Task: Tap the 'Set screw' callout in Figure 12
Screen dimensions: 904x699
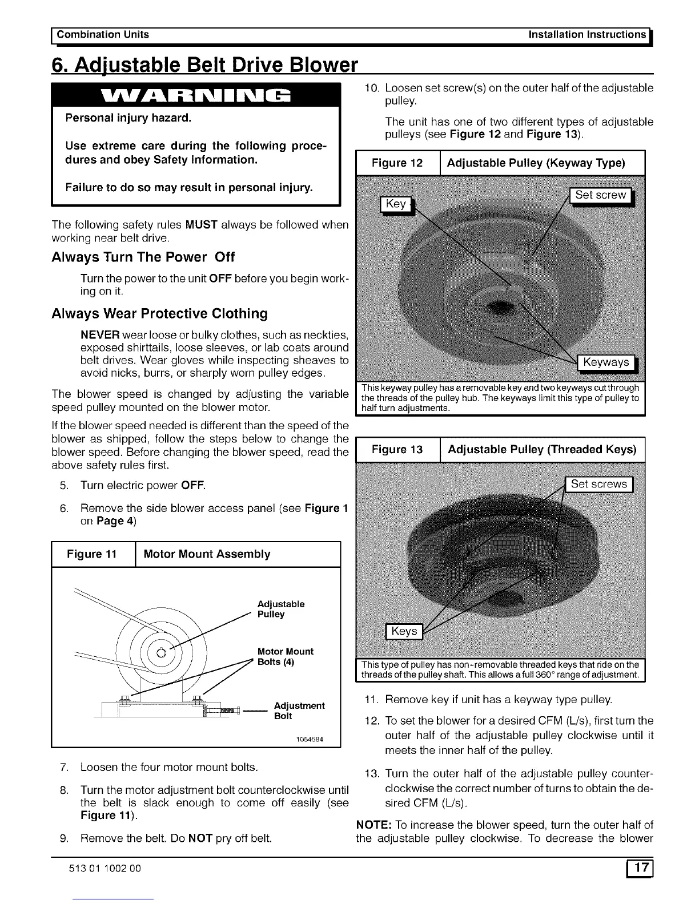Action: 600,195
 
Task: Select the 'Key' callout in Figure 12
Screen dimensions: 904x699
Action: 396,204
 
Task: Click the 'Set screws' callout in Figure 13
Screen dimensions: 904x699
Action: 598,485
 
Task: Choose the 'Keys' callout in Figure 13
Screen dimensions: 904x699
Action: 404,631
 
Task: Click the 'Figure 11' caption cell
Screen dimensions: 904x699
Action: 92,554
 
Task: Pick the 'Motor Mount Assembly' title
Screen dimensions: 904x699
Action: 207,554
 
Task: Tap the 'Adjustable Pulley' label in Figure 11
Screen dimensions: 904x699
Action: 280,609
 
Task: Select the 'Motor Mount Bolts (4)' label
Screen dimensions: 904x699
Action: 285,656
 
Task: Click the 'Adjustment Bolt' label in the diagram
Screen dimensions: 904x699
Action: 299,711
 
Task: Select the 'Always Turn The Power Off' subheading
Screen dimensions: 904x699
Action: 143,257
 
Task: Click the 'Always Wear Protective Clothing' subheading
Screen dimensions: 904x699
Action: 159,314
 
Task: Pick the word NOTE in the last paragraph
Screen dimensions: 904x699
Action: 373,825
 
